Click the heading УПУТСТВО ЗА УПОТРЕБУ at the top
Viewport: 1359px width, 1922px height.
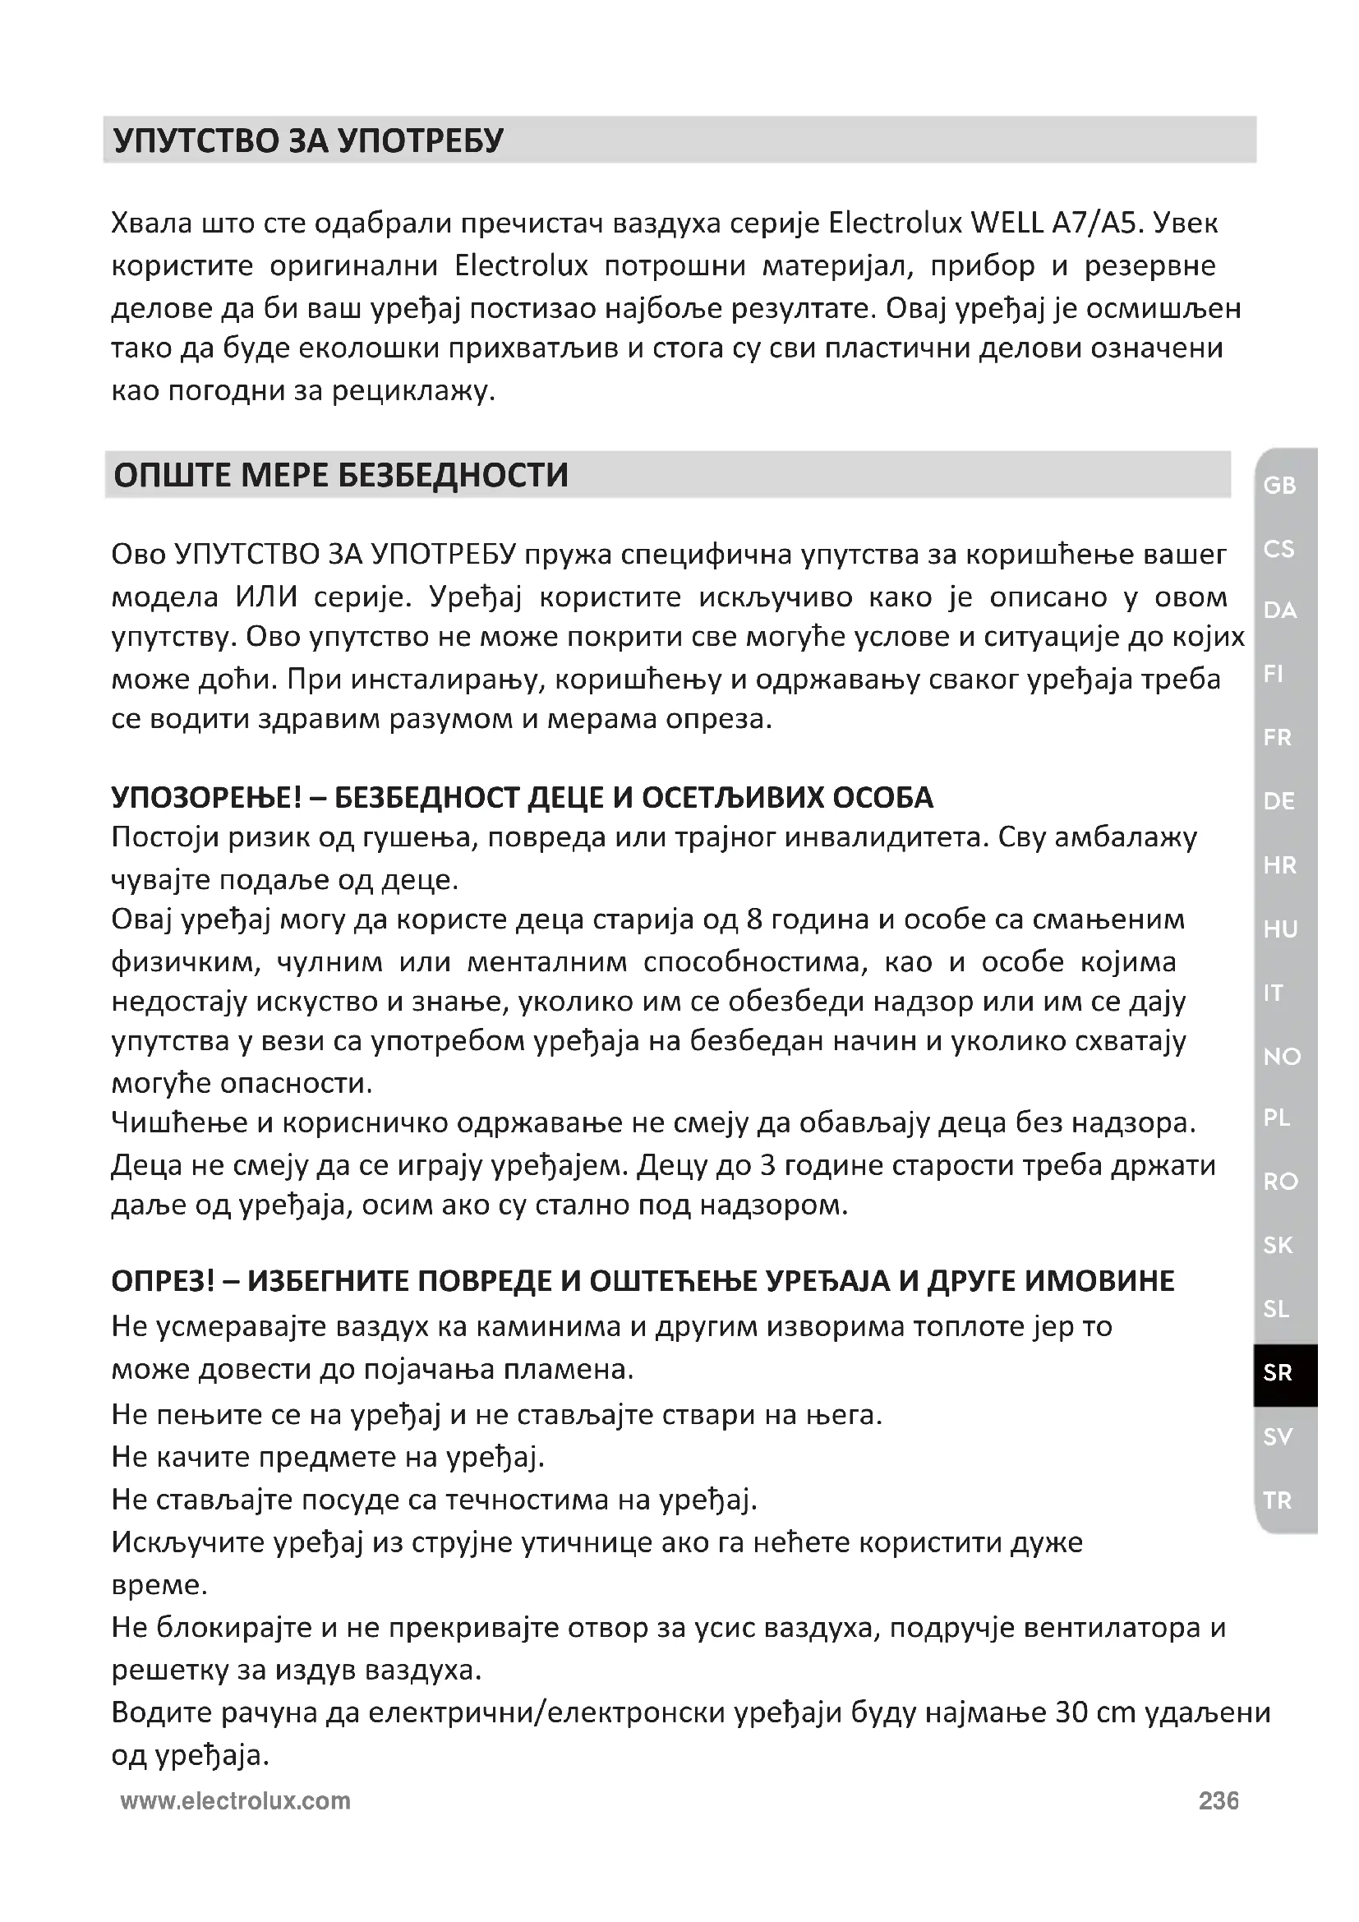point(308,141)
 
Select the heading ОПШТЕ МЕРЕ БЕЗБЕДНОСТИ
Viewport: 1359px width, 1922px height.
point(341,476)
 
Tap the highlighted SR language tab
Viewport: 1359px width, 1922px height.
point(1278,1373)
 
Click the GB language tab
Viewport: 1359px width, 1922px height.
point(1279,486)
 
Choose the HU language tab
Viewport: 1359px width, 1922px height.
point(1280,929)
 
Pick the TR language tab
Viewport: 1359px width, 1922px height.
point(1278,1501)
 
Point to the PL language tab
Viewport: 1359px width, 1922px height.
point(1277,1118)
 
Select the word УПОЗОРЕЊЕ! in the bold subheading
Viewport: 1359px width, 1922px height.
point(206,798)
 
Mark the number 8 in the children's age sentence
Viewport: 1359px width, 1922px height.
point(753,920)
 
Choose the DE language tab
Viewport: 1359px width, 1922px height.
point(1279,802)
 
